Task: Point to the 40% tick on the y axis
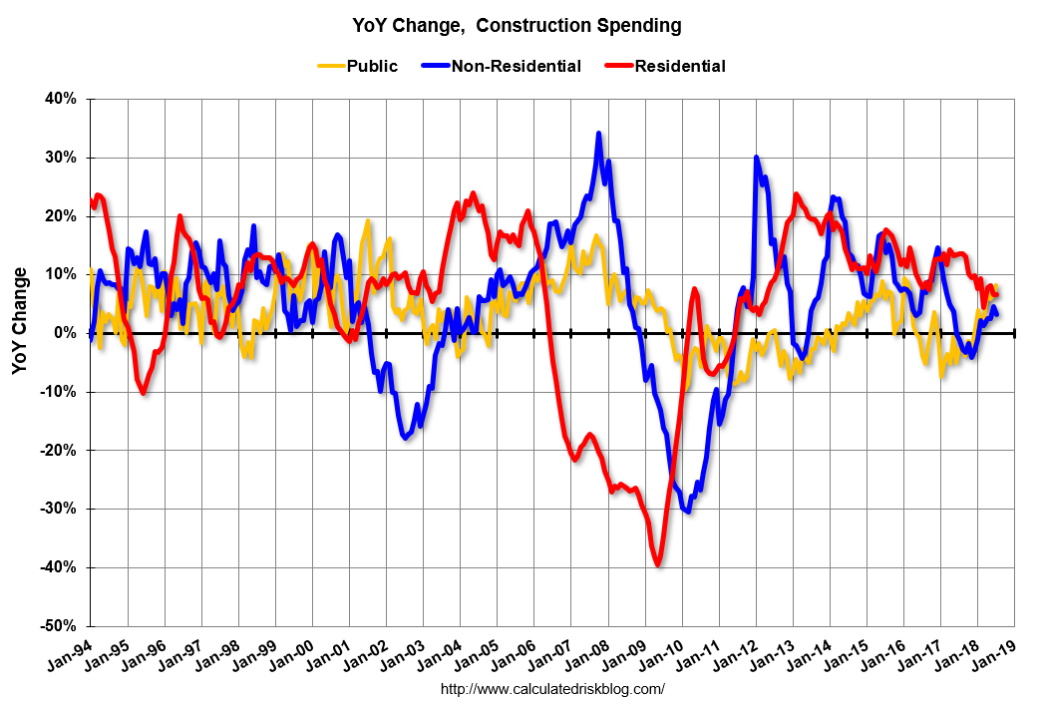click(61, 100)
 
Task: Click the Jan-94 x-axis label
click(69, 660)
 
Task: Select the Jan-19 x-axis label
click(994, 660)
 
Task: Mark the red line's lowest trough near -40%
click(658, 564)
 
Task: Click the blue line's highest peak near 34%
click(598, 133)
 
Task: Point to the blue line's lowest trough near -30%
click(688, 512)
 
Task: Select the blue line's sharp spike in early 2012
click(756, 158)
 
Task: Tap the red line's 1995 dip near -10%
click(144, 392)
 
